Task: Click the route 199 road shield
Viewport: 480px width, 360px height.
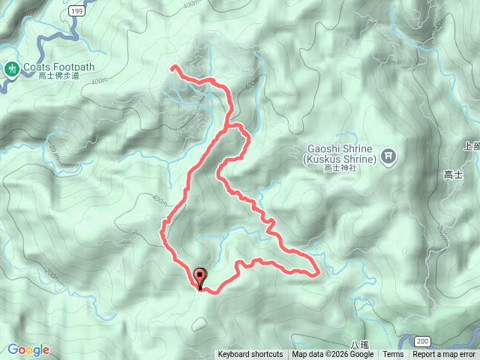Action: [75, 11]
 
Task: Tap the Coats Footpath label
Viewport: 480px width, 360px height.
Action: [58, 66]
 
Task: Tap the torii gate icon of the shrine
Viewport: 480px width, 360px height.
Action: [388, 156]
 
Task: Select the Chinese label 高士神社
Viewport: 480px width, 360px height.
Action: [340, 169]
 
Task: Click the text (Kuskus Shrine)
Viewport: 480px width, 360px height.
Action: [340, 159]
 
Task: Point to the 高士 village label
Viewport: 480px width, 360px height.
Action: [453, 175]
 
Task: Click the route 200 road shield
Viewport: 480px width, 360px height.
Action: [423, 341]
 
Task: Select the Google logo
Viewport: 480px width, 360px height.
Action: [28, 349]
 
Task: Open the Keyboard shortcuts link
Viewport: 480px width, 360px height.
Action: [250, 355]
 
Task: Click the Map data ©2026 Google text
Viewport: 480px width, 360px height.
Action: [334, 355]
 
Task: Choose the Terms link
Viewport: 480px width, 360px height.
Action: [393, 355]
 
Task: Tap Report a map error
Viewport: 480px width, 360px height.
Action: [444, 355]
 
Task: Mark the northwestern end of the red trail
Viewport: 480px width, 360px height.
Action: [173, 68]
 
